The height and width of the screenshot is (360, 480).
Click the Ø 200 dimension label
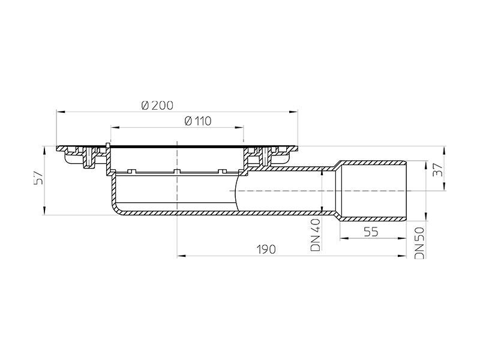click(157, 104)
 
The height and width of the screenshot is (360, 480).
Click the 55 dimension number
click(370, 232)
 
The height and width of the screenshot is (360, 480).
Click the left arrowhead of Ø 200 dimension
click(59, 111)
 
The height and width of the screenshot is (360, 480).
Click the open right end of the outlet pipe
click(406, 190)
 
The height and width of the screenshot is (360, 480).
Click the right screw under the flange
click(263, 158)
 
